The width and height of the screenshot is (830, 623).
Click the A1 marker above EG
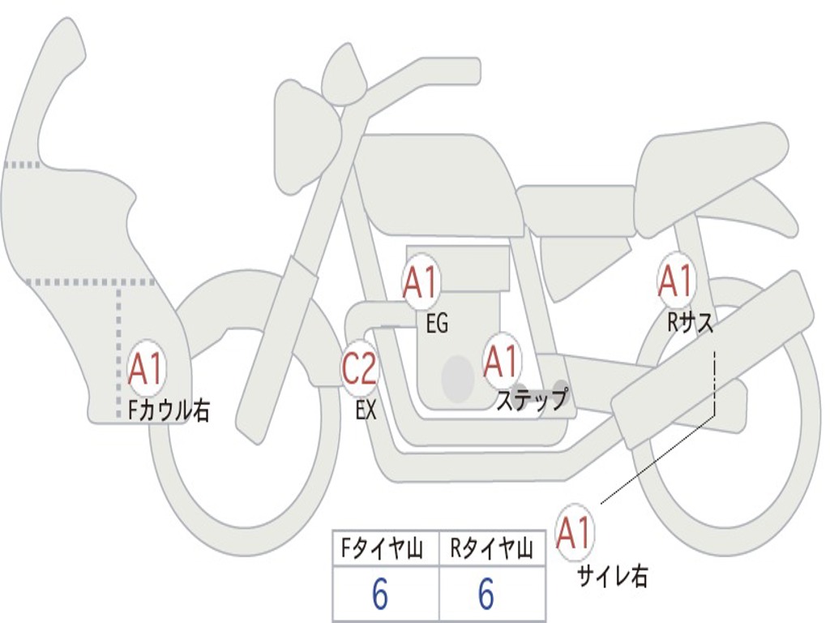(x=420, y=284)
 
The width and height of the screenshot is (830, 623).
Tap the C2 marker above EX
(x=359, y=369)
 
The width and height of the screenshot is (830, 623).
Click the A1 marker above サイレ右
(x=575, y=532)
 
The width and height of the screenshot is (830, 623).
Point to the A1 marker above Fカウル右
(x=146, y=369)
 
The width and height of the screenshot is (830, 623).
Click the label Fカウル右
(x=169, y=410)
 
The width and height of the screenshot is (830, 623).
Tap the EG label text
(x=437, y=324)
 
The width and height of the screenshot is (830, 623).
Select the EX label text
(x=366, y=410)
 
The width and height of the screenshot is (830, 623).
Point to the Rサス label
(x=691, y=323)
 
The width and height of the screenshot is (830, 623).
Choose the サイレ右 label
(x=612, y=576)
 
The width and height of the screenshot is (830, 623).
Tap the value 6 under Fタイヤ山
(x=380, y=595)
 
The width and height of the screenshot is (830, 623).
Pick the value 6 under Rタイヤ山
(x=486, y=595)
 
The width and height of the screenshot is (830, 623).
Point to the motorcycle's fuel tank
(x=438, y=183)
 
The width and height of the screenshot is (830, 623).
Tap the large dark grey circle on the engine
(x=458, y=378)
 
